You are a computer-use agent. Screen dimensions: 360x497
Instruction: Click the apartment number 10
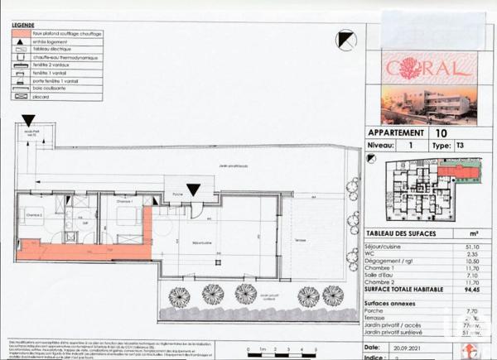pyautogui.click(x=440, y=132)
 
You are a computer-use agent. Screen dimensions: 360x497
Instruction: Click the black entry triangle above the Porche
pyautogui.click(x=193, y=190)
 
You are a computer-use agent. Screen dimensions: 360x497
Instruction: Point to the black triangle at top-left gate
pyautogui.click(x=28, y=121)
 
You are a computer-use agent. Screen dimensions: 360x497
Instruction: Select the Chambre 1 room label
pyautogui.click(x=124, y=201)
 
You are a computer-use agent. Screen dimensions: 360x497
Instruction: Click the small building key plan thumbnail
pyautogui.click(x=424, y=190)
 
